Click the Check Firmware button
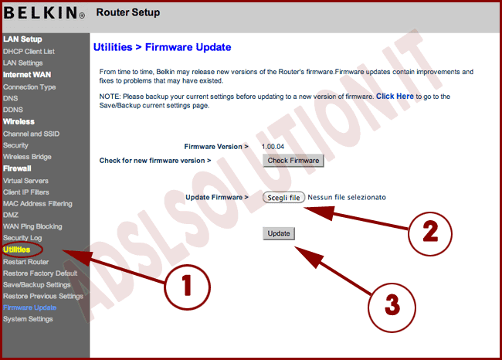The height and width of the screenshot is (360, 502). (293, 161)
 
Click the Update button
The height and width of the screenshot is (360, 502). (278, 233)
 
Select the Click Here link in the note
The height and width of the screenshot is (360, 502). (395, 97)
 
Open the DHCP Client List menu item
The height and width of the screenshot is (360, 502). (29, 51)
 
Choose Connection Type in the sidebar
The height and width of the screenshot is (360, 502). (29, 87)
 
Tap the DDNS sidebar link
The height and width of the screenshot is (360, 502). (14, 110)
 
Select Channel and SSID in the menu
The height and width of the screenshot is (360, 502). (31, 134)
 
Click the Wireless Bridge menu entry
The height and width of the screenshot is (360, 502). (27, 157)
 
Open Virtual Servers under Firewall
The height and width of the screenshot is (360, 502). (26, 180)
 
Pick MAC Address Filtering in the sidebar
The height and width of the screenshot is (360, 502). (38, 203)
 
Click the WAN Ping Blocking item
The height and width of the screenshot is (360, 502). (32, 226)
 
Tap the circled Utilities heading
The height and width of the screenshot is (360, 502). (17, 250)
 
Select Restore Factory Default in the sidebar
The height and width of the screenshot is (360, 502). (40, 273)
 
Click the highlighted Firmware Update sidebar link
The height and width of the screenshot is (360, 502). (29, 307)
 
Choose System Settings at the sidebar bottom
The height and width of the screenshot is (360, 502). (28, 319)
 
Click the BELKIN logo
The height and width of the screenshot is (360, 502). (43, 13)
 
